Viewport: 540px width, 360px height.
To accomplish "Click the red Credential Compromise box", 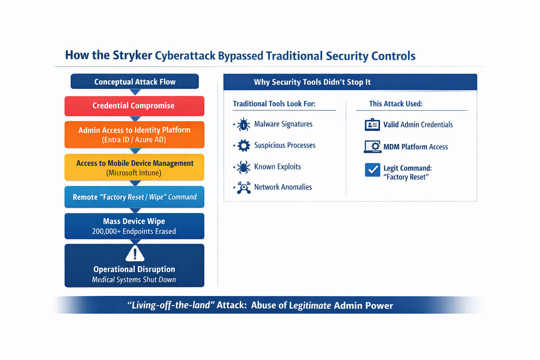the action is pyautogui.click(x=134, y=106).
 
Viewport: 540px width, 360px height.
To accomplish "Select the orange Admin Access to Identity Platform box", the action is pyautogui.click(x=134, y=135).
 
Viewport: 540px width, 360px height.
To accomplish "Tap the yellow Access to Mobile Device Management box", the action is pyautogui.click(x=134, y=168).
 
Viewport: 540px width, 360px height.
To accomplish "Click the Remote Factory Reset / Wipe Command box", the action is pyautogui.click(x=134, y=197).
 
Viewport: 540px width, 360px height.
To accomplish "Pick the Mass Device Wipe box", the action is pyautogui.click(x=134, y=226).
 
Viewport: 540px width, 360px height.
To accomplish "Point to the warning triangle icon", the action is pyautogui.click(x=135, y=253).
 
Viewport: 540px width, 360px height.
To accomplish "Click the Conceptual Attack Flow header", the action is pyautogui.click(x=135, y=82).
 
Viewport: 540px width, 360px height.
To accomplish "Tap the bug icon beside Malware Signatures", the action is pyautogui.click(x=243, y=124).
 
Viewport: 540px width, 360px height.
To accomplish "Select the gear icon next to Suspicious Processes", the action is pyautogui.click(x=243, y=146).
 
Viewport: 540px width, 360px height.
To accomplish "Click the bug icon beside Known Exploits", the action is pyautogui.click(x=243, y=167).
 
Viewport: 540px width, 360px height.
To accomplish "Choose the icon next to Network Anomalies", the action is pyautogui.click(x=243, y=188).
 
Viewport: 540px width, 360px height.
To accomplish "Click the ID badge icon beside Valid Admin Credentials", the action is pyautogui.click(x=372, y=125).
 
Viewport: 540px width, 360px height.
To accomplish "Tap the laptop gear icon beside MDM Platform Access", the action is pyautogui.click(x=372, y=147).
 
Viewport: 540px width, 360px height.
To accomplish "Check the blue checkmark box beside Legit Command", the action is pyautogui.click(x=372, y=170).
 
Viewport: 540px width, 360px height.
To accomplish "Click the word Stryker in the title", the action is pyautogui.click(x=132, y=56).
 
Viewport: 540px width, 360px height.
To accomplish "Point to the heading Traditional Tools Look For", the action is pyautogui.click(x=274, y=104).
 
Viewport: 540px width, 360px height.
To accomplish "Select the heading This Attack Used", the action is pyautogui.click(x=396, y=104).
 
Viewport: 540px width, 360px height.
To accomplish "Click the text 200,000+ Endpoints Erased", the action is pyautogui.click(x=134, y=231).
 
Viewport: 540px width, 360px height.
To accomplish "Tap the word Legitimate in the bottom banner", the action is pyautogui.click(x=310, y=306).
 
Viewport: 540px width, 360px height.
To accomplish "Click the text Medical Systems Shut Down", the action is pyautogui.click(x=134, y=280).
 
